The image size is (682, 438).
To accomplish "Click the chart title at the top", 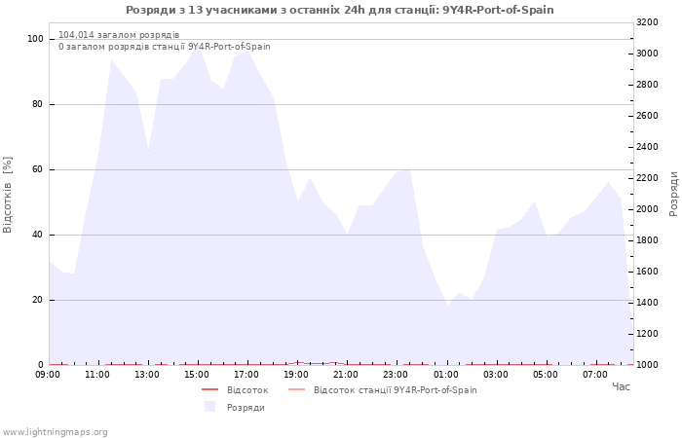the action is pos(340,10).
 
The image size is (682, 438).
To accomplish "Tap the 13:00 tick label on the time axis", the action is pos(146,375).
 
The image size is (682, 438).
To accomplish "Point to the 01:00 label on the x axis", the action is pos(446,375).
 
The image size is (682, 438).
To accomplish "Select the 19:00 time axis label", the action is pos(296,375).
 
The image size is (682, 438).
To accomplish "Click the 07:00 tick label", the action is pos(595,375).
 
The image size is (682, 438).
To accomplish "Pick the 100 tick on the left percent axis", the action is pos(35,39).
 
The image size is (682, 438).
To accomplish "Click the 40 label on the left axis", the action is pos(37,236).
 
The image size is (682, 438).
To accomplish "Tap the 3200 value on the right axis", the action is pos(647,22).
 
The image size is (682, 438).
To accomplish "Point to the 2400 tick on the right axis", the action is pos(647,147).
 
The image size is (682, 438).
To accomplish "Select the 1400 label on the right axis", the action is pos(647,303).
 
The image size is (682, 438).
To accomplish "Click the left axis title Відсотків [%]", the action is pos(8,195).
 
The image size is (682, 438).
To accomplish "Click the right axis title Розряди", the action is pos(674,194).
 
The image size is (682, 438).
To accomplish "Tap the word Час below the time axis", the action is pos(621,386).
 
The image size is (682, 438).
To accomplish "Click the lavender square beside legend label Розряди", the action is pos(210,407).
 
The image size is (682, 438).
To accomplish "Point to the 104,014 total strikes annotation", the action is pos(119,35).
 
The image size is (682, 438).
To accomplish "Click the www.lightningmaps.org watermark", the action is pos(54,432).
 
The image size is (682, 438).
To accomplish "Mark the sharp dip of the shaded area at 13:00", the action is pos(148,150).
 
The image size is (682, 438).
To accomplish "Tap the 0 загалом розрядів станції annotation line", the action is pos(165,47).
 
